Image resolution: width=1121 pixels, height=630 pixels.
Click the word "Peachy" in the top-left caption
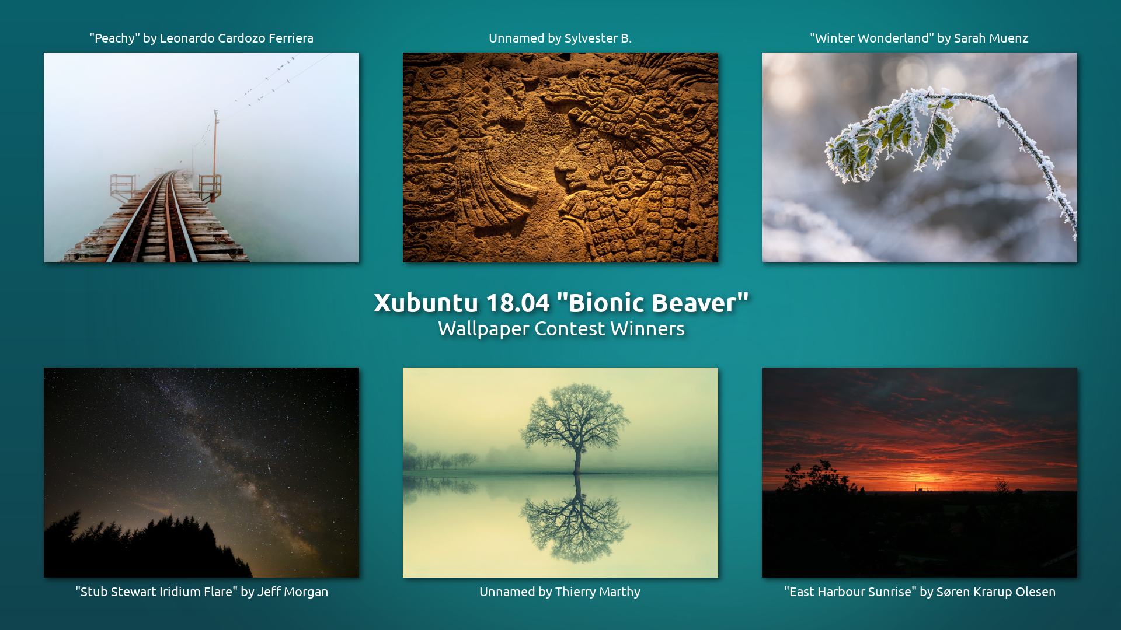pyautogui.click(x=114, y=38)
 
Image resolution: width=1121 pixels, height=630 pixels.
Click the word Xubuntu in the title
pyautogui.click(x=426, y=303)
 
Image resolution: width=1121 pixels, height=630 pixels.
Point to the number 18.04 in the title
pyautogui.click(x=518, y=303)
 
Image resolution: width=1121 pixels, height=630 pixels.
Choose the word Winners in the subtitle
pyautogui.click(x=647, y=329)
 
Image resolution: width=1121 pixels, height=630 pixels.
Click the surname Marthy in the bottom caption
pyautogui.click(x=619, y=592)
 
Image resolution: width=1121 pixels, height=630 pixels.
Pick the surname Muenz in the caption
pyautogui.click(x=1008, y=38)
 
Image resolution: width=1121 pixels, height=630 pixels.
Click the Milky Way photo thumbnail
pyautogui.click(x=201, y=473)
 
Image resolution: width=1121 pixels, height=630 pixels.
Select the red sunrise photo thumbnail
pyautogui.click(x=920, y=473)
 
